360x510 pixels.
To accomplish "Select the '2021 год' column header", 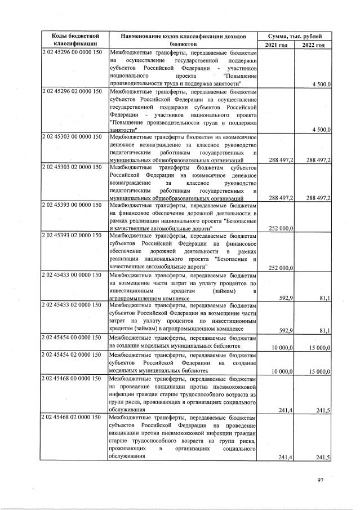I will click(x=276, y=44).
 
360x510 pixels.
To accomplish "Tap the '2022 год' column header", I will click(x=313, y=44).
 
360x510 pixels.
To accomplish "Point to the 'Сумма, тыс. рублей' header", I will click(x=295, y=35).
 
